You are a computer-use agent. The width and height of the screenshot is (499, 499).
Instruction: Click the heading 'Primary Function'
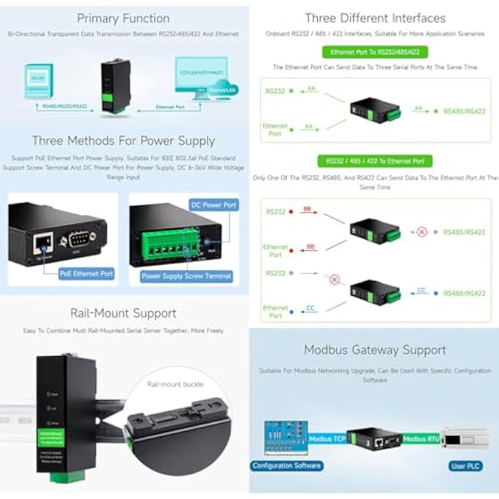(123, 18)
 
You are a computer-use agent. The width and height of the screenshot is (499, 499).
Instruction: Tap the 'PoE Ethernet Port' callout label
(87, 273)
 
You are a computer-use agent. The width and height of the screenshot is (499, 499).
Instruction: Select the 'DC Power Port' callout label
(214, 205)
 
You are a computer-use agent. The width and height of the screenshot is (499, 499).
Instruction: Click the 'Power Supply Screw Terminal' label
(186, 276)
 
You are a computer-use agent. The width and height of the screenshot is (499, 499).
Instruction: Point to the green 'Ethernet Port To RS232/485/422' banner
(375, 52)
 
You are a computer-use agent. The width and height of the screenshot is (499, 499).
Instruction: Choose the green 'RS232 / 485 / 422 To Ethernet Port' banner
(375, 161)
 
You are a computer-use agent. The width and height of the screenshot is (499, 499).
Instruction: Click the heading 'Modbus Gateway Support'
(375, 350)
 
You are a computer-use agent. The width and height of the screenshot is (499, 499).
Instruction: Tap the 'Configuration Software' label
(286, 465)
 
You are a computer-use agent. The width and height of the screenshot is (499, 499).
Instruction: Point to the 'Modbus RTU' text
(422, 438)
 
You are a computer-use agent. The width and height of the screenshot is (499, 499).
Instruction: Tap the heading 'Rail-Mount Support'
(123, 313)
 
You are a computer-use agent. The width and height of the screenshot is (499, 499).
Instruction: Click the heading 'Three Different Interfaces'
(375, 18)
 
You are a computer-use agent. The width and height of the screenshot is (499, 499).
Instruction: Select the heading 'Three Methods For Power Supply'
(123, 140)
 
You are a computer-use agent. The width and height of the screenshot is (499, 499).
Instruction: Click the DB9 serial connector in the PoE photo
(77, 238)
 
